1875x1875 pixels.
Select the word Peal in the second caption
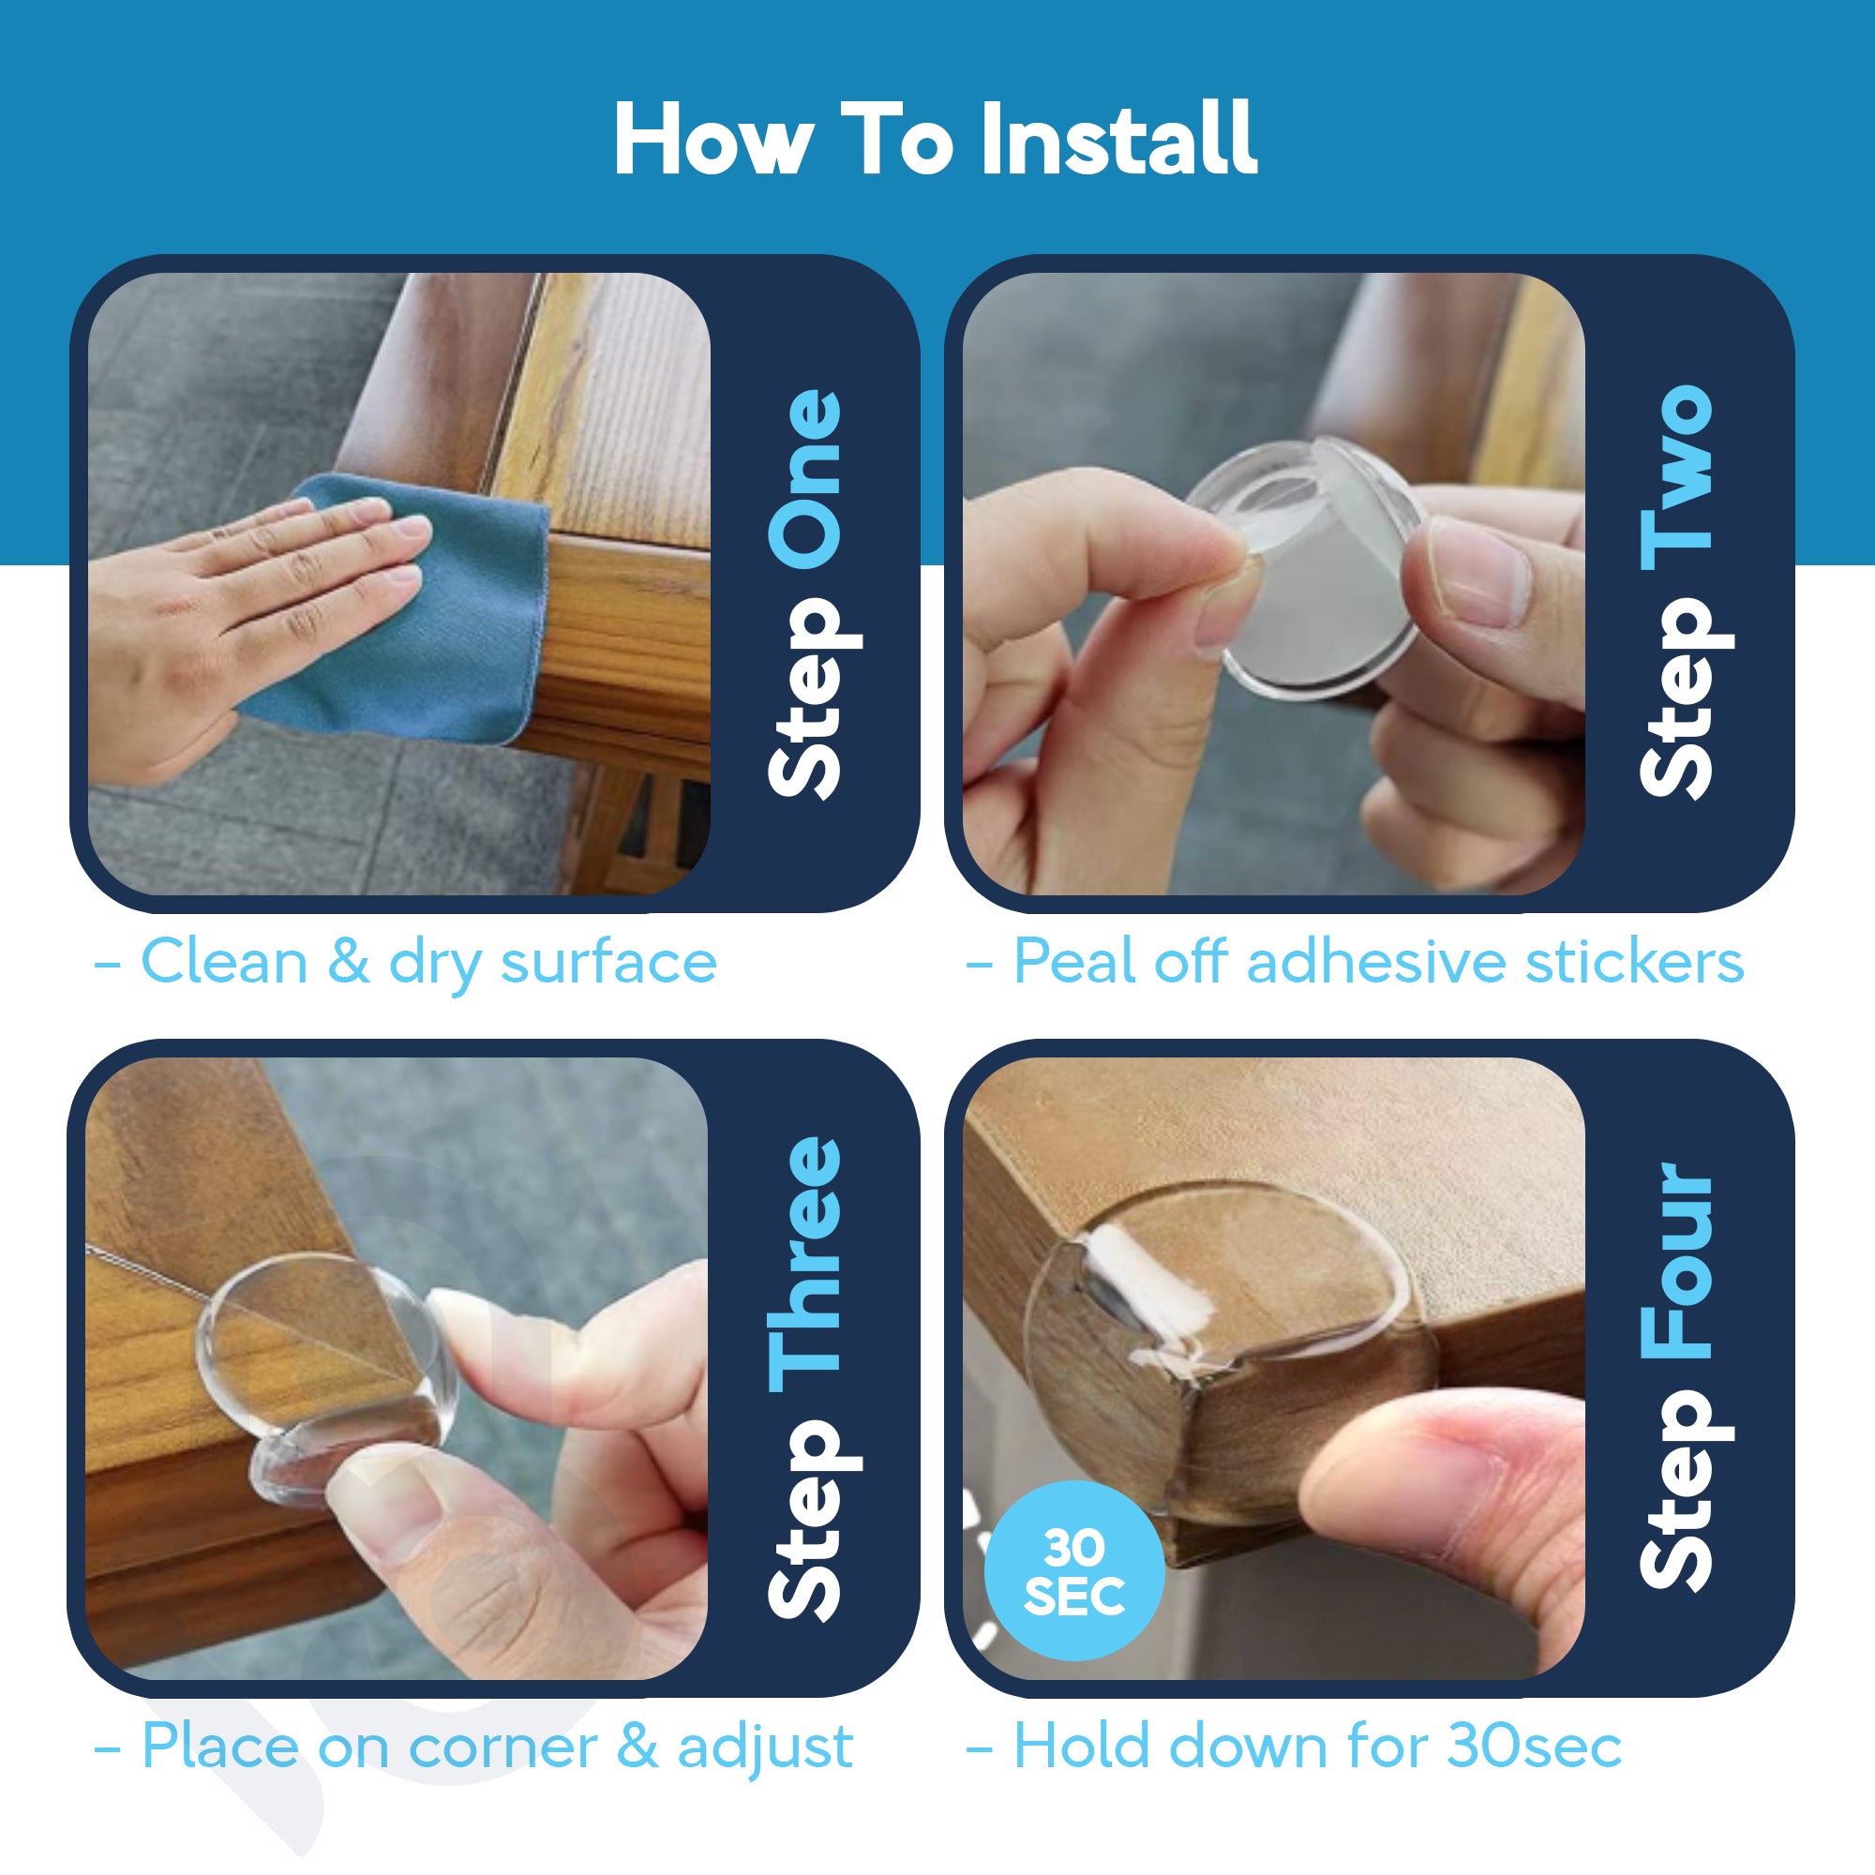click(1075, 963)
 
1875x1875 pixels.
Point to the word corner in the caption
click(502, 1747)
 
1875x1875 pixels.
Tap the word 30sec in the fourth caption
click(1535, 1747)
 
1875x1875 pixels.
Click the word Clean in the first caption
click(224, 963)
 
